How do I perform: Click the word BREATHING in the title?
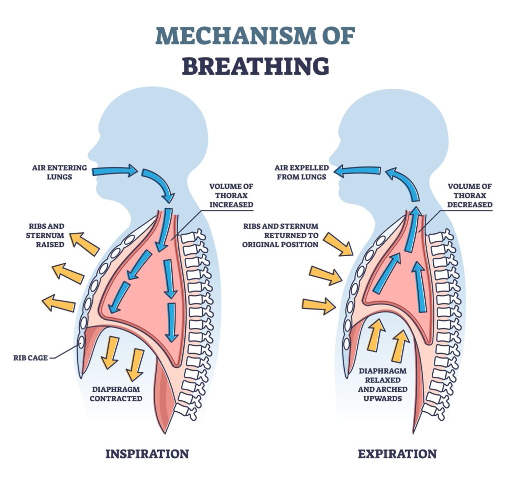tap(255, 66)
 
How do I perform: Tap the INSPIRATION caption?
tap(147, 454)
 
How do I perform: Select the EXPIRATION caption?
tap(397, 454)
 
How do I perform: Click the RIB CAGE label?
tap(30, 358)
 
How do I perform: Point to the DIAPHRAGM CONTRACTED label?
tap(116, 394)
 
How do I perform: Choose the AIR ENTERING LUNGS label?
tap(60, 172)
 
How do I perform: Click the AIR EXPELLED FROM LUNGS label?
tap(302, 172)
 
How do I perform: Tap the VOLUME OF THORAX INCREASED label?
tap(232, 195)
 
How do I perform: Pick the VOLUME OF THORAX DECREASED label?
tap(470, 195)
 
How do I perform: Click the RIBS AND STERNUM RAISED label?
tap(45, 235)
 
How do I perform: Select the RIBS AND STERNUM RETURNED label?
tap(280, 235)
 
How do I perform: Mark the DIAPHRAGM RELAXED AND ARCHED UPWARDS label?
tap(383, 384)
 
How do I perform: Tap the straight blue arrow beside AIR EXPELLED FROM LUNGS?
tap(358, 170)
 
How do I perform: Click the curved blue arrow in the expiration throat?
tap(403, 184)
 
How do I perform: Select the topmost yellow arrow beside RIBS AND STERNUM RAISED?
tap(85, 244)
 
